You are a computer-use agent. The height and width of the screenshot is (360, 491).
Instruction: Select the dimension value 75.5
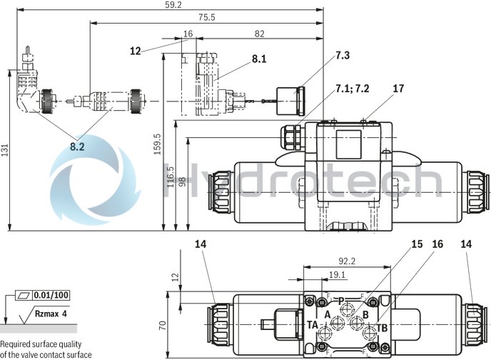(206, 17)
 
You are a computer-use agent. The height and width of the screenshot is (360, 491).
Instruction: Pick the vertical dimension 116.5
(170, 174)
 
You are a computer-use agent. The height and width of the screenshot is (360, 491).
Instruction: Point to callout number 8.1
(258, 59)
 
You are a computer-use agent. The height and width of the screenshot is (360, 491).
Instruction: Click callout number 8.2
(77, 146)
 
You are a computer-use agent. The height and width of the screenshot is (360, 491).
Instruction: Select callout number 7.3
(343, 55)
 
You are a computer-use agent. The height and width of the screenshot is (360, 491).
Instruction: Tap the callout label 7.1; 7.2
(353, 89)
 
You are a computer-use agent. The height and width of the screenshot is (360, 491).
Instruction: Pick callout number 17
(398, 89)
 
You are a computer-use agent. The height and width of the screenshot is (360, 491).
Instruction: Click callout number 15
(417, 244)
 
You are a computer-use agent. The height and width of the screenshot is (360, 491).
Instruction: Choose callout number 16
(437, 244)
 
